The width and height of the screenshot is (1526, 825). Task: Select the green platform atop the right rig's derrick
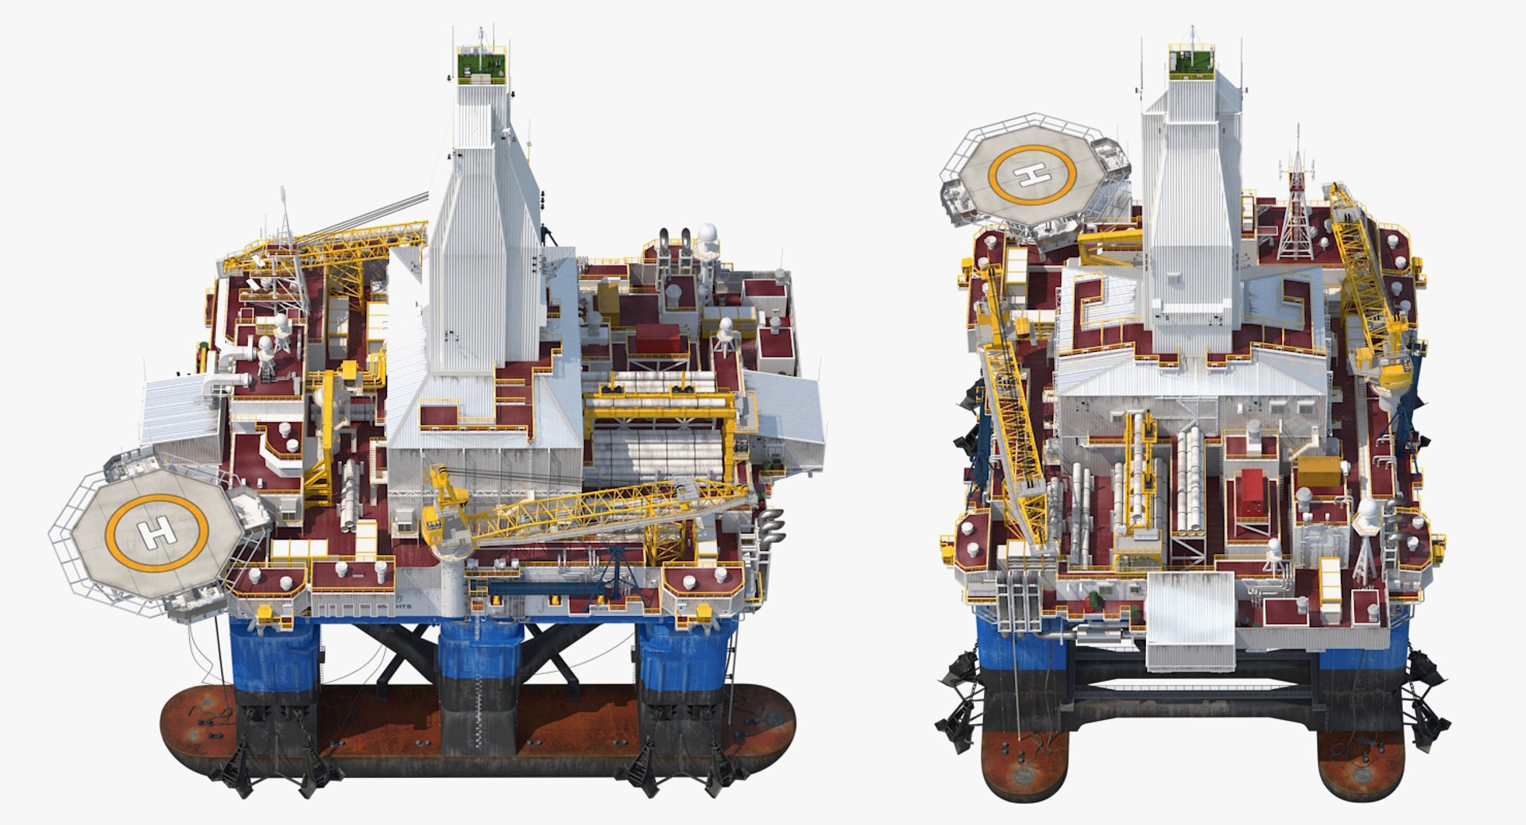tap(1192, 62)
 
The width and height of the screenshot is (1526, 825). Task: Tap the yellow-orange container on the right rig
tap(1320, 471)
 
